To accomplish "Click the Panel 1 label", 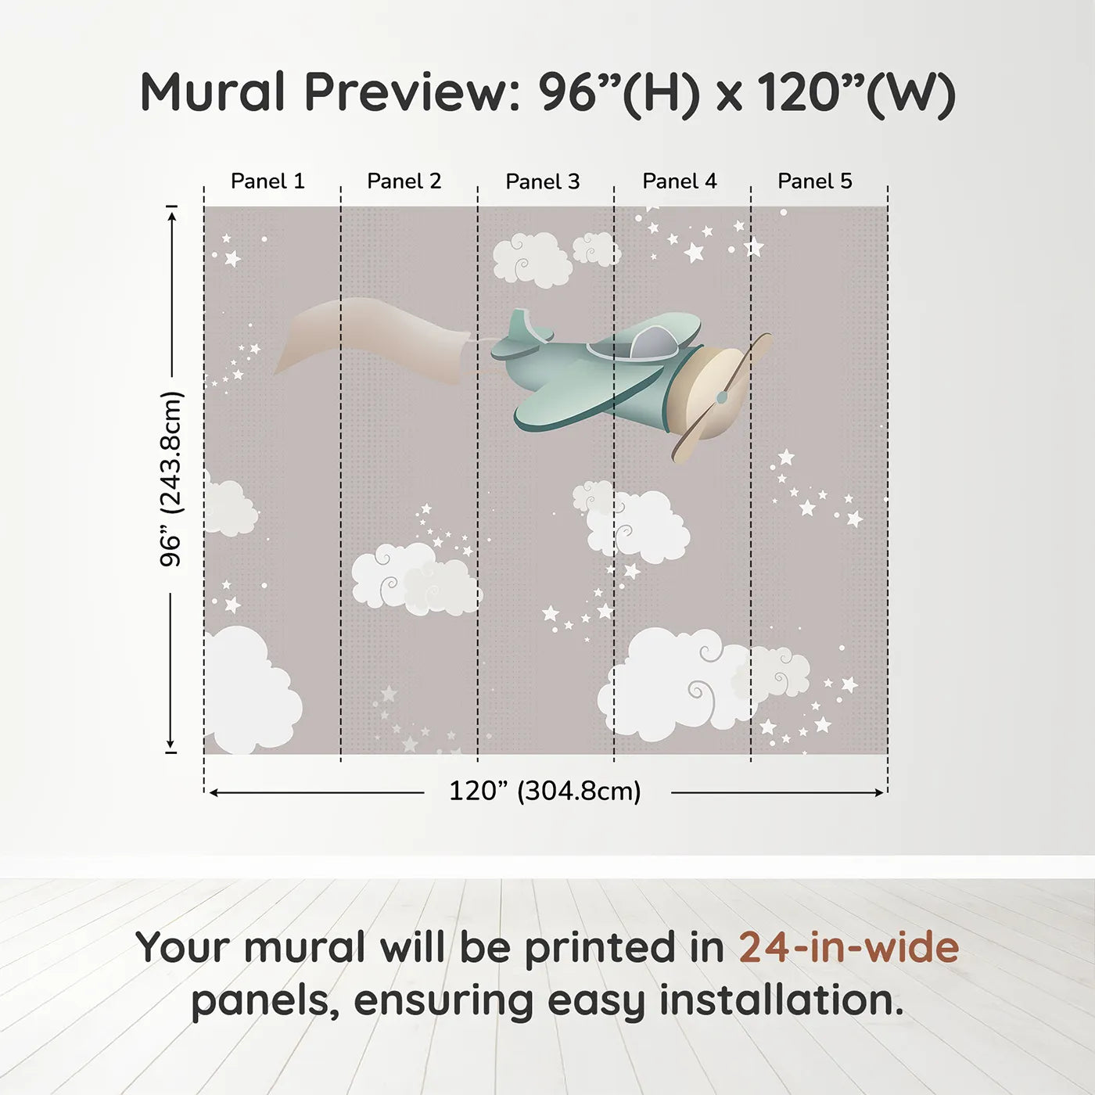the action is [267, 181].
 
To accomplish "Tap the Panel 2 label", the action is [404, 181].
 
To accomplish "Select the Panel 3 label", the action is [543, 181].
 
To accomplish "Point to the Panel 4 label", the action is [680, 181].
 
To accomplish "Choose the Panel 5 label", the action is [815, 181].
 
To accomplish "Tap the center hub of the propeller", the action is [722, 397].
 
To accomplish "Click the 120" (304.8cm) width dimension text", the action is [545, 791].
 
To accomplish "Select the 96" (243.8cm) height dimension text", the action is [171, 479].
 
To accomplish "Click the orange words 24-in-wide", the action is [849, 947].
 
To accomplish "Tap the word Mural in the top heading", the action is [213, 92].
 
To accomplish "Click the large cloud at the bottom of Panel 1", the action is [252, 690].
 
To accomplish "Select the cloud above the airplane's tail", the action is [533, 260].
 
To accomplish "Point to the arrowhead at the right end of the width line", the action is [880, 792].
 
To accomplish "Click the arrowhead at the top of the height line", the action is [172, 214].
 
